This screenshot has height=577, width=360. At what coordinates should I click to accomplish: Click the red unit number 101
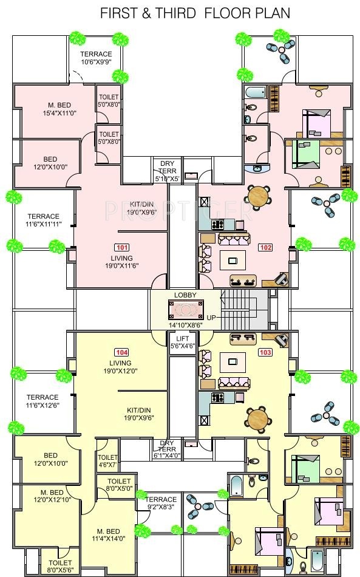(x=121, y=248)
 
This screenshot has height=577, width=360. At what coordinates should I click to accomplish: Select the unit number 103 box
(x=265, y=352)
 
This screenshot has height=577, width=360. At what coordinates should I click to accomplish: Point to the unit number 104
(x=121, y=352)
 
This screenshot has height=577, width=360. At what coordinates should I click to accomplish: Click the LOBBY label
(x=185, y=295)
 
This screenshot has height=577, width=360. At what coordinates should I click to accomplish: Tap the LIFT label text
(x=182, y=338)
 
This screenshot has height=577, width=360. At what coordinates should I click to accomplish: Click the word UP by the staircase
(x=211, y=317)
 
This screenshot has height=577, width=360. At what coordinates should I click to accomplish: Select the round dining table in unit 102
(x=259, y=196)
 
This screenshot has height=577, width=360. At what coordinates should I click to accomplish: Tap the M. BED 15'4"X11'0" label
(x=59, y=109)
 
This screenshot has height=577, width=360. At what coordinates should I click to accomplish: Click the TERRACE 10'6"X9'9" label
(x=96, y=58)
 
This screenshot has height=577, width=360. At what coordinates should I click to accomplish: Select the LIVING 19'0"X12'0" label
(x=120, y=367)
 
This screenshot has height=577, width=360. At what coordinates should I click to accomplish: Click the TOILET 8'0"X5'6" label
(x=60, y=566)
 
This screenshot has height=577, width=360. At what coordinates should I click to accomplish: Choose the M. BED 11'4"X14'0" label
(x=108, y=535)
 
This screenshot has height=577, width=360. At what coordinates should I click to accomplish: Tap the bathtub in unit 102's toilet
(x=255, y=92)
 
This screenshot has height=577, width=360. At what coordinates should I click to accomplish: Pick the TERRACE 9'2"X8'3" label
(x=161, y=503)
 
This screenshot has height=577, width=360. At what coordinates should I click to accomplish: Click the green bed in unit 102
(x=306, y=154)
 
